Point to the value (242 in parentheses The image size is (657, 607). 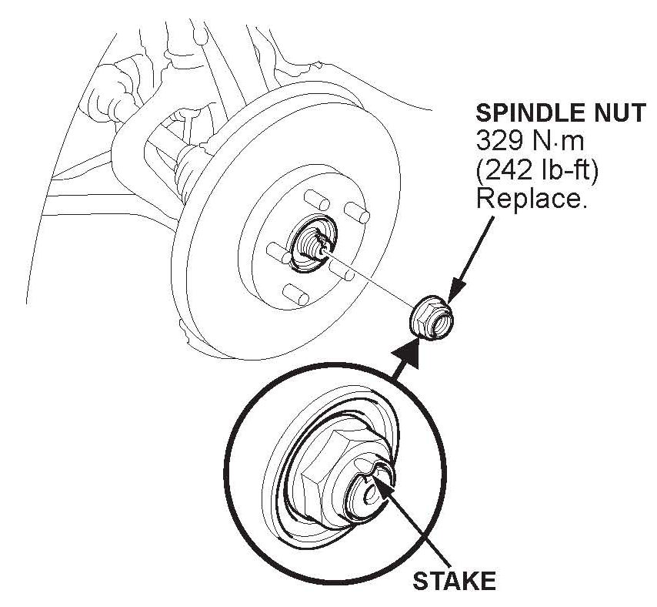point(505,169)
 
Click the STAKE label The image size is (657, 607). point(454,580)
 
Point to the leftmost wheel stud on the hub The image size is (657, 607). point(274,250)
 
